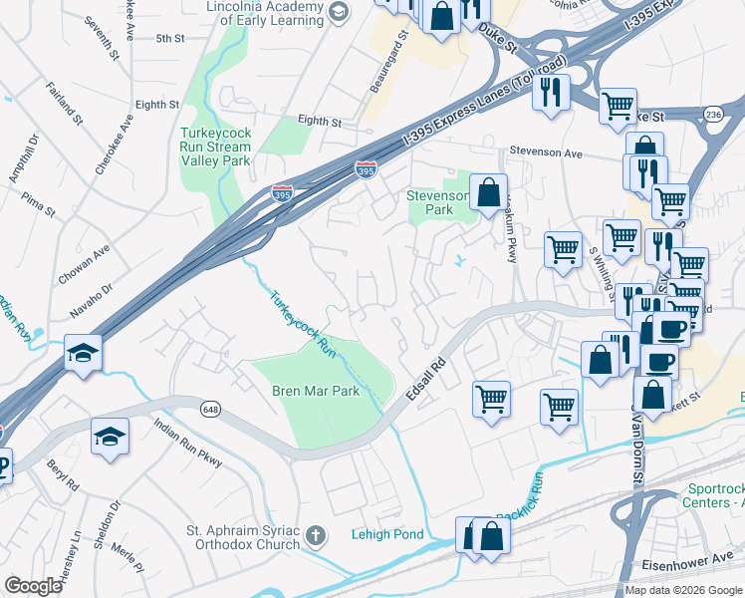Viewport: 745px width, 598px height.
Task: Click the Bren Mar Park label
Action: [316, 392]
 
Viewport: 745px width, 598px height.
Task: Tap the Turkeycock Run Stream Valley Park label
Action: [215, 147]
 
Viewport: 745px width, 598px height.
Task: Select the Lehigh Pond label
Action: [387, 534]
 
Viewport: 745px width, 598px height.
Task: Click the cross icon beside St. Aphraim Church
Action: [315, 536]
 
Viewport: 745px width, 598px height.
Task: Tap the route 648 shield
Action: [209, 409]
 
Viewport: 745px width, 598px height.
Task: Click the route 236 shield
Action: [712, 116]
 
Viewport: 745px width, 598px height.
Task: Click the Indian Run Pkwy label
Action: [187, 440]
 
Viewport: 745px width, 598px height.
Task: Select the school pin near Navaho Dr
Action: [83, 352]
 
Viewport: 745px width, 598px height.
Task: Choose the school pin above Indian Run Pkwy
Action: [110, 436]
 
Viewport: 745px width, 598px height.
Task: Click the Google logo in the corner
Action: [33, 586]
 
